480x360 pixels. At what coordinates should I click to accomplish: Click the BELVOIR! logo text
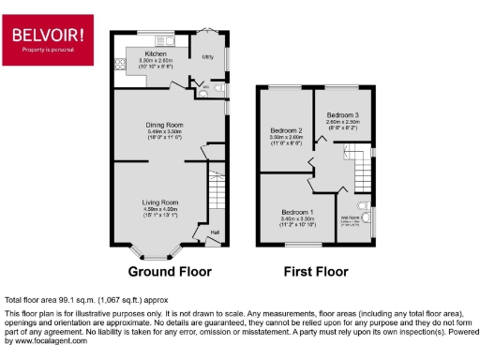point(46,35)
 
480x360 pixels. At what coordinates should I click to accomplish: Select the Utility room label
point(208,57)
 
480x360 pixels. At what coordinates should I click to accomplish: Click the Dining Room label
point(163,125)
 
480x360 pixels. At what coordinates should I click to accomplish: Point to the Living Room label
point(159,202)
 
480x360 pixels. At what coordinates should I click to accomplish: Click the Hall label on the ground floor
point(214,232)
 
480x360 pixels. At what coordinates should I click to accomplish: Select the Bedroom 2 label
point(287,129)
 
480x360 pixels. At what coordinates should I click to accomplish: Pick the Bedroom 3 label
point(342,114)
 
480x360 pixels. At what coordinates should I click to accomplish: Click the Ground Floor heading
point(170,272)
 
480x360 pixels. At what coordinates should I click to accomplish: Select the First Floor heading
point(316,272)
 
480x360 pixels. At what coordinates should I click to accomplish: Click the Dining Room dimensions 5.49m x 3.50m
point(163,132)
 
